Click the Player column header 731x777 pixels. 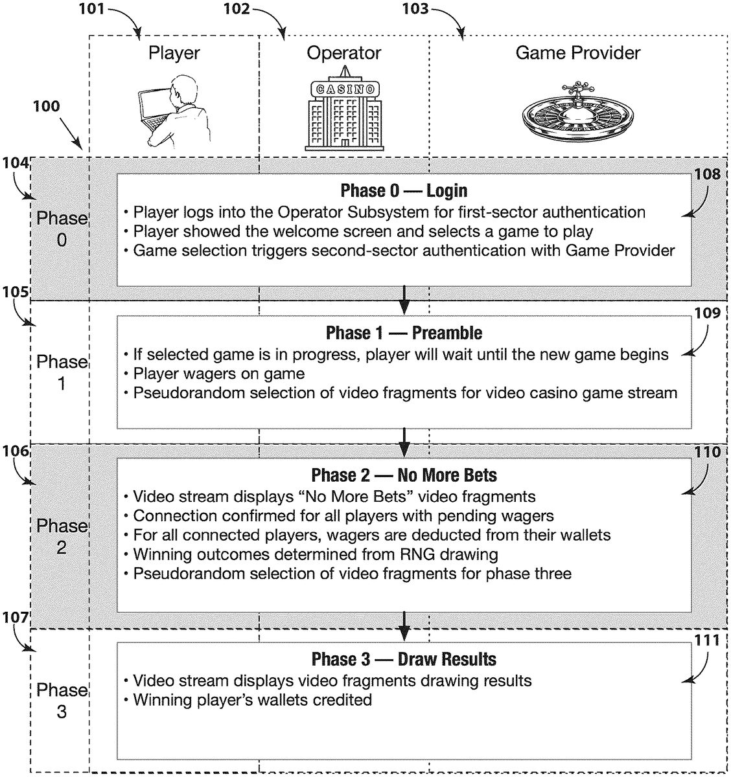[174, 53]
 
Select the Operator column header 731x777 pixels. [344, 53]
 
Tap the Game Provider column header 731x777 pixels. [577, 52]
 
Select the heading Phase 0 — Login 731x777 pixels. [404, 190]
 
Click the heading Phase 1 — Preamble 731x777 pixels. [404, 333]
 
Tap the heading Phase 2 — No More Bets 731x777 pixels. [404, 475]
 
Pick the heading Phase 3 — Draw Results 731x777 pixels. [404, 659]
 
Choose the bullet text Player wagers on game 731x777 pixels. [218, 373]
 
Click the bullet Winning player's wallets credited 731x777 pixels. [252, 699]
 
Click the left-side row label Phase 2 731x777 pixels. [62, 536]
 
